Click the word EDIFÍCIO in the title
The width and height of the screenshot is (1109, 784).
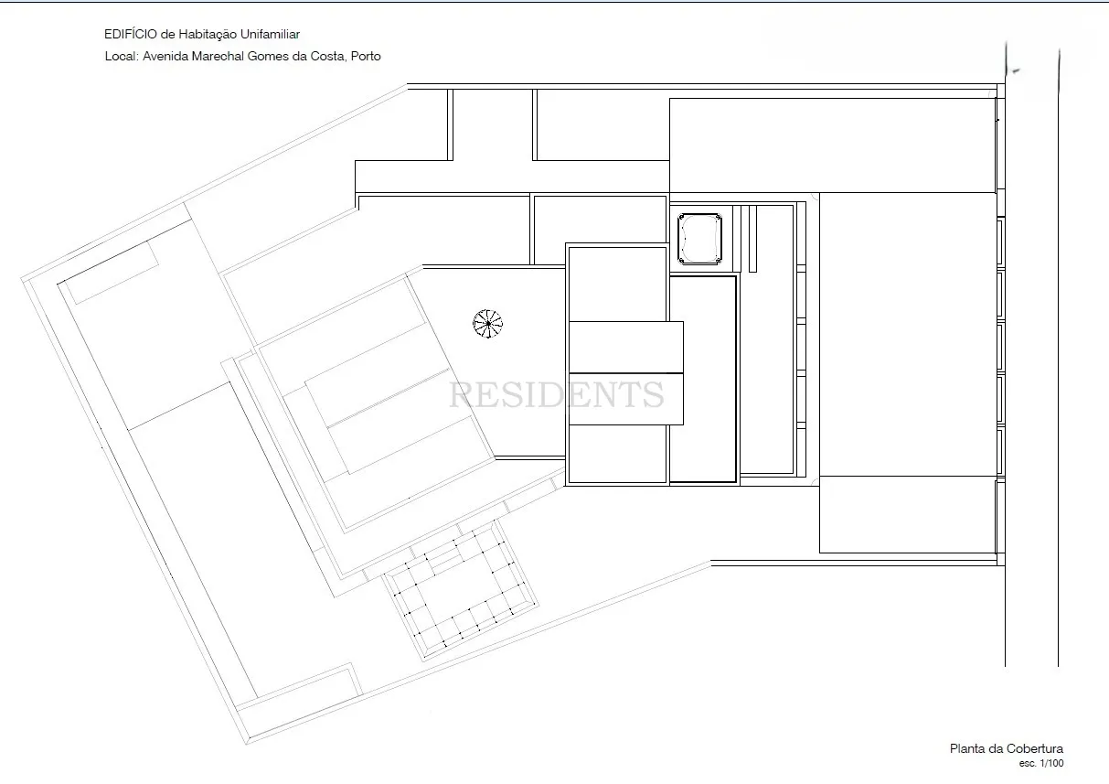(130, 34)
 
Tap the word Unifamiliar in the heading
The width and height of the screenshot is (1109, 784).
(270, 34)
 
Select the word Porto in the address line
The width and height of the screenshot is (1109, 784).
(366, 56)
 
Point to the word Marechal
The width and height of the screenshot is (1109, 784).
(218, 56)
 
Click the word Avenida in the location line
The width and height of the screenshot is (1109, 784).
(165, 56)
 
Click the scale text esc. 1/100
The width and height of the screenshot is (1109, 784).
(1041, 763)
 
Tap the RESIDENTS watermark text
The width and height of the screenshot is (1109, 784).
(556, 394)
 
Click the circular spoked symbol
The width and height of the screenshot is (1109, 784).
(487, 324)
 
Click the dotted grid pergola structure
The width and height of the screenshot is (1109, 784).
(461, 590)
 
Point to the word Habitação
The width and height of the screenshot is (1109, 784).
(208, 34)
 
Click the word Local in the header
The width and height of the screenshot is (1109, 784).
(122, 56)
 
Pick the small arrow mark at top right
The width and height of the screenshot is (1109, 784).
(1014, 71)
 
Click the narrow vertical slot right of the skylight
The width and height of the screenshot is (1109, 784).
(752, 239)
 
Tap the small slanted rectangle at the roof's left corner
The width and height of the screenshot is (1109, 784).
(112, 272)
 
